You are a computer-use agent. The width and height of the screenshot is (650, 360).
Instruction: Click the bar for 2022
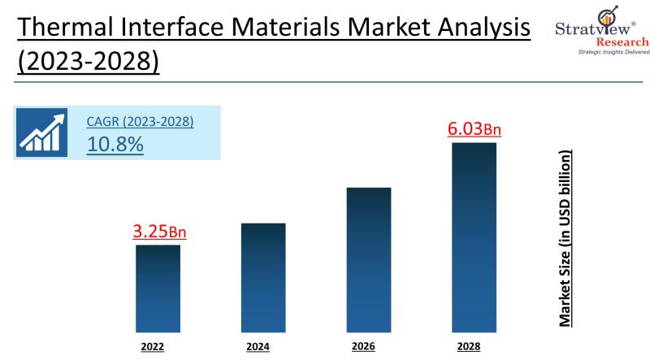(x=158, y=288)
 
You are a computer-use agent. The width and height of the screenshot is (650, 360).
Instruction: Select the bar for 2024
(x=263, y=277)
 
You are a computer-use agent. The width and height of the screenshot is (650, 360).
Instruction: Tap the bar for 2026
(x=369, y=258)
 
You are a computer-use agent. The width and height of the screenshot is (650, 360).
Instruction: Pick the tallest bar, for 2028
(x=474, y=236)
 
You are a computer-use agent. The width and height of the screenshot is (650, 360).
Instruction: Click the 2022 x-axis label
(x=152, y=347)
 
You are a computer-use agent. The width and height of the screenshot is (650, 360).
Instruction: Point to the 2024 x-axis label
(x=258, y=347)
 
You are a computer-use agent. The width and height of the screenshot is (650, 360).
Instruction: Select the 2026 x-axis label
(x=363, y=346)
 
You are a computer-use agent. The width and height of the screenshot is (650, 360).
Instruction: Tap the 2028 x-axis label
(x=469, y=347)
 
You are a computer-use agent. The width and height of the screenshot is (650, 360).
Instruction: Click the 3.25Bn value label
(x=159, y=232)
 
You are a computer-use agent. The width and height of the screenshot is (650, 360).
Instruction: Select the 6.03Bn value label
(x=474, y=128)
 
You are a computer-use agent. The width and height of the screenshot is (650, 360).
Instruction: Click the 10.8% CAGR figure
(x=115, y=145)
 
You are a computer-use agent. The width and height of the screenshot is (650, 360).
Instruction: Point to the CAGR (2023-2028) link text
(x=140, y=122)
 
